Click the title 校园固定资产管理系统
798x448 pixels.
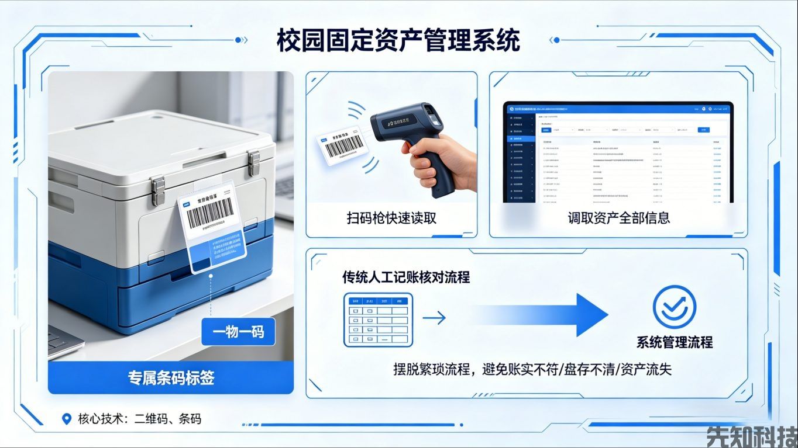pyautogui.click(x=398, y=41)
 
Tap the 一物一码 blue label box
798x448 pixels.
pyautogui.click(x=238, y=332)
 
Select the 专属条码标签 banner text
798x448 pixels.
pyautogui.click(x=171, y=378)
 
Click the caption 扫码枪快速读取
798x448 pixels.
pyautogui.click(x=391, y=218)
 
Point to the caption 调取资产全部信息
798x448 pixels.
pyautogui.click(x=618, y=218)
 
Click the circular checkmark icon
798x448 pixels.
pyautogui.click(x=674, y=306)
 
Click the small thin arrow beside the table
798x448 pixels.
pyautogui.click(x=434, y=318)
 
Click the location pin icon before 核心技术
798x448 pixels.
pyautogui.click(x=67, y=419)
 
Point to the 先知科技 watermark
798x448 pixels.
pyautogui.click(x=751, y=436)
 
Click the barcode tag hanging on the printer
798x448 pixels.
pyautogui.click(x=213, y=227)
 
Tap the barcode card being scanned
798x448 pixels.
pyautogui.click(x=340, y=145)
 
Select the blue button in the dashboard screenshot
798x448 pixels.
pyautogui.click(x=704, y=130)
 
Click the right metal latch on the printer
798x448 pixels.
pyautogui.click(x=253, y=162)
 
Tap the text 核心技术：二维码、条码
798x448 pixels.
pyautogui.click(x=139, y=419)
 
